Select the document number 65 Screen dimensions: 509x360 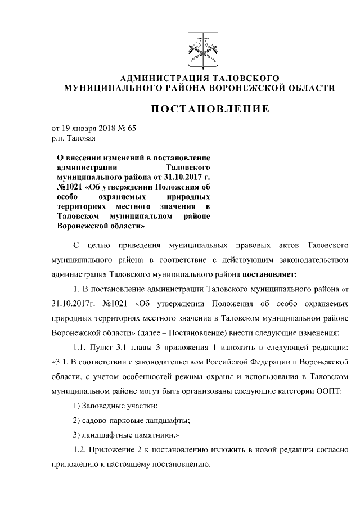[x=132, y=128]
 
